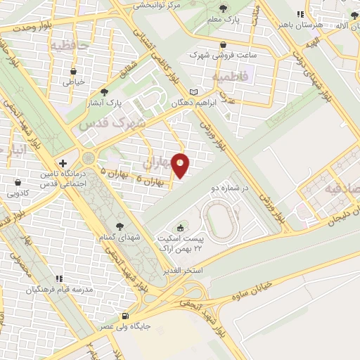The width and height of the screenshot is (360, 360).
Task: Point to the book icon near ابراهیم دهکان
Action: (193, 92)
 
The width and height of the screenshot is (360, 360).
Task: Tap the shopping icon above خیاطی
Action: (73, 70)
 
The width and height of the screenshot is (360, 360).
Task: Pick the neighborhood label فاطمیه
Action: (229, 75)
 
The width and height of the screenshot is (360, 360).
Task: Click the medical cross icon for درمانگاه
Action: (63, 163)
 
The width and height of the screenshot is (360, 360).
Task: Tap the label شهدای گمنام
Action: (120, 238)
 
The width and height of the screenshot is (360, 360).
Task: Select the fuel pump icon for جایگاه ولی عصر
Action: (126, 316)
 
